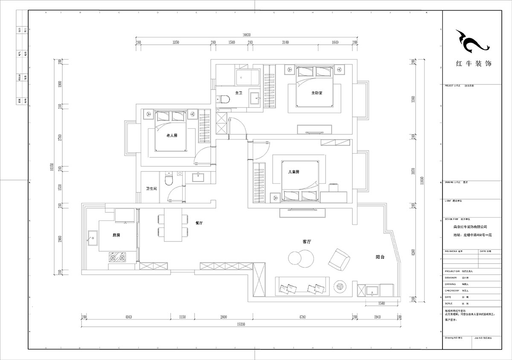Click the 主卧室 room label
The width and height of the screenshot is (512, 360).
(316, 93)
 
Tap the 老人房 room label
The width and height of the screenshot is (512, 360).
(172, 135)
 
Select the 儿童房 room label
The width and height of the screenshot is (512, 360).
(294, 172)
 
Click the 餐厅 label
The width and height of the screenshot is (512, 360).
(198, 223)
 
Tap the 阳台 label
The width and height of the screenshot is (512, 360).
(381, 257)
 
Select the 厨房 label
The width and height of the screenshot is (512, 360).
(116, 235)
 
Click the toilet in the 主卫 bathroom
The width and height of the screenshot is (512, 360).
(225, 99)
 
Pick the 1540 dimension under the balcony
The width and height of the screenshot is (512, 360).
(381, 303)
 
